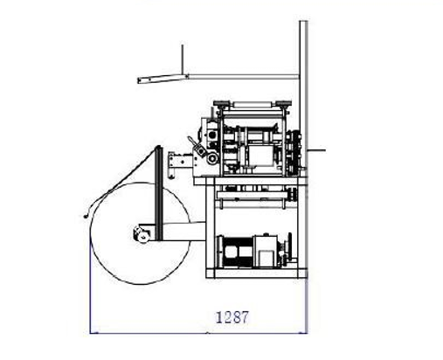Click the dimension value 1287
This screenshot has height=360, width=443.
232,317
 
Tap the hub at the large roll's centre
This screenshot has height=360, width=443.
142,237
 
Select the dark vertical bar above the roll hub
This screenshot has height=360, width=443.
159,193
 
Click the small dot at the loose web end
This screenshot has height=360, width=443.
86,217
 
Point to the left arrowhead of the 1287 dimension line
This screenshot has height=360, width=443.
93,333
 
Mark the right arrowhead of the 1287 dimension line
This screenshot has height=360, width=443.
303,333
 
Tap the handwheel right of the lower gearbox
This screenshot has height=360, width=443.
289,249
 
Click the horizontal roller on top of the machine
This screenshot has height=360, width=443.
253,104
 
